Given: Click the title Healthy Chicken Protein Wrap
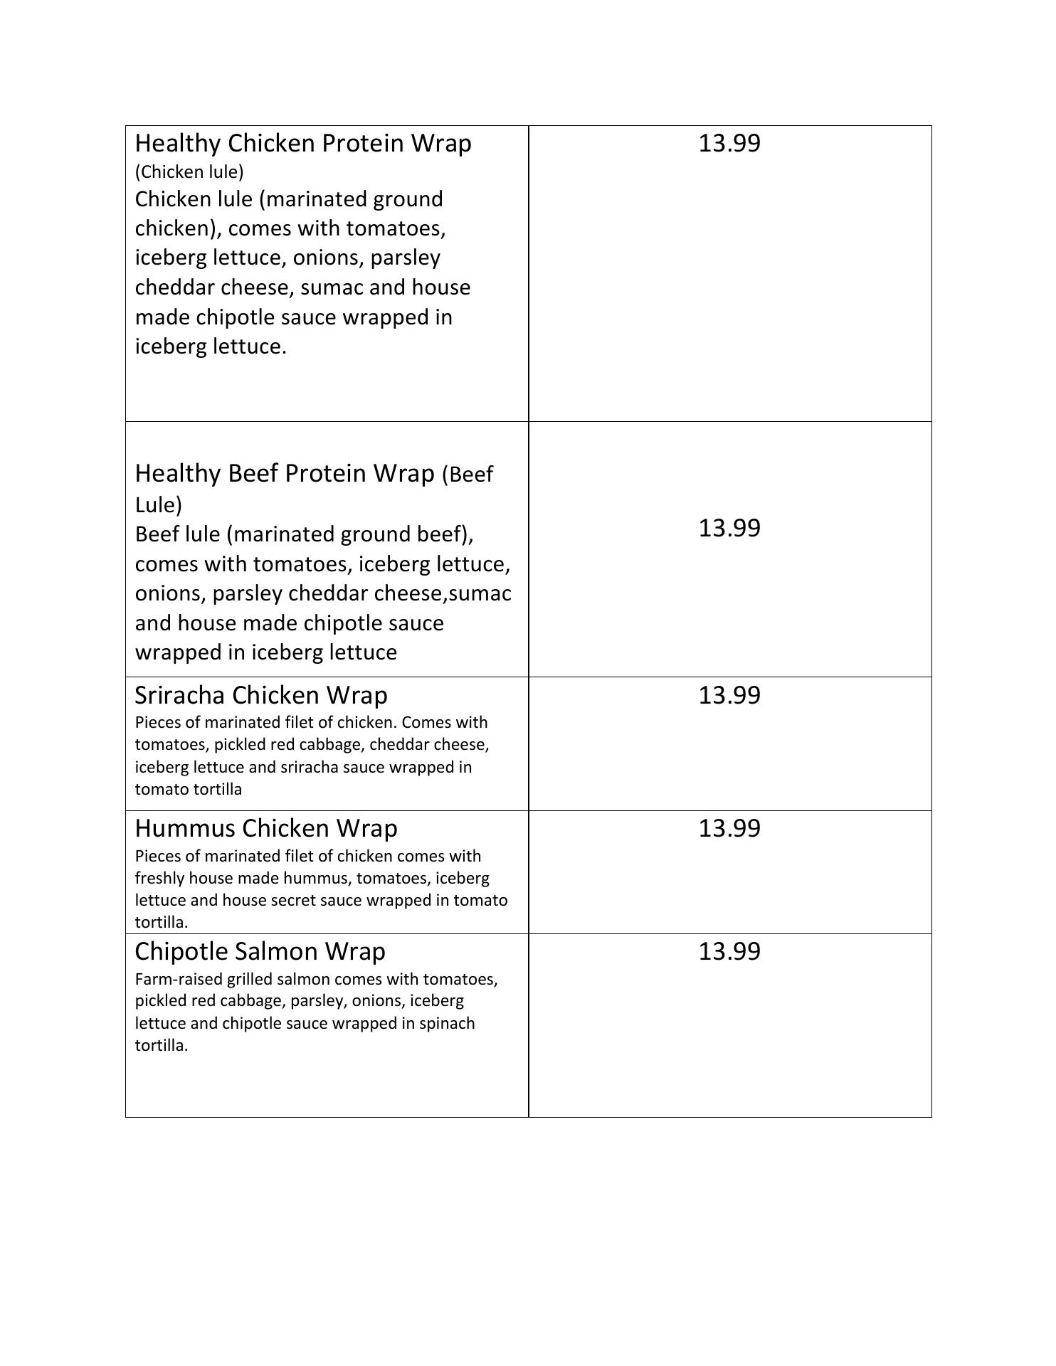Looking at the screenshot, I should coord(303,143).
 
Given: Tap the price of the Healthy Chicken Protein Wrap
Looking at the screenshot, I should coord(729,143).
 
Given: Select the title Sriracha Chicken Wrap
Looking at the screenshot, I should coord(261,695).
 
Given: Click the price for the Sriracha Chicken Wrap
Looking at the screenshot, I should coord(729,695).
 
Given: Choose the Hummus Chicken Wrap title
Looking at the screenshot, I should coord(266,828).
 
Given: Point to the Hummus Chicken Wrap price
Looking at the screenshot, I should coord(729,828).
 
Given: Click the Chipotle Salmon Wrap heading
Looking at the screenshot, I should coord(260,951).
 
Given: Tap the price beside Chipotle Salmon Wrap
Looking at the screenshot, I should coord(729,951).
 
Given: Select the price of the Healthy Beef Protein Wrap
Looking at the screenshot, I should coord(729,528).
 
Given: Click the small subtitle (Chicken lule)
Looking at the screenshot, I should coord(189,171).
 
